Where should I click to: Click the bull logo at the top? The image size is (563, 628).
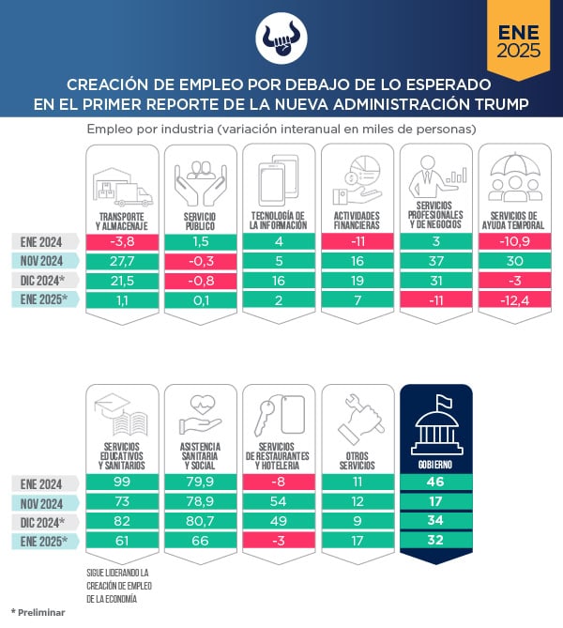pos(281,34)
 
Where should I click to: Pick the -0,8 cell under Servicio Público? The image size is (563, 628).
pos(199,281)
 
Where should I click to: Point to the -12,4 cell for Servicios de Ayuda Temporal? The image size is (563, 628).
pos(514,300)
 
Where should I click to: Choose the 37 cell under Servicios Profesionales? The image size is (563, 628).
pos(435,261)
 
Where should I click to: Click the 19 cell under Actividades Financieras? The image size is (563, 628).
pos(357,281)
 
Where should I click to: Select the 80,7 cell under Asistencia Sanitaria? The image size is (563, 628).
pos(199,522)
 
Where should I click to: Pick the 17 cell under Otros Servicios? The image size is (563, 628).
pos(357,542)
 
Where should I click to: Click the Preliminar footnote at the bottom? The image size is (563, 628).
pos(39,612)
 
